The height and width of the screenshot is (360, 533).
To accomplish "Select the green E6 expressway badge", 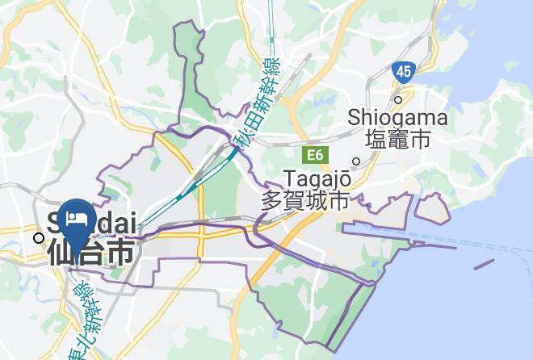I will [314, 153].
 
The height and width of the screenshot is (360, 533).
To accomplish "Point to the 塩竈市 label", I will [397, 140].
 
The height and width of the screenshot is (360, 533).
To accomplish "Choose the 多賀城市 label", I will [304, 200].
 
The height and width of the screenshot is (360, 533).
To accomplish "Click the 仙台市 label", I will [90, 252].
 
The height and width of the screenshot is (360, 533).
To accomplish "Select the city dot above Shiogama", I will [397, 100].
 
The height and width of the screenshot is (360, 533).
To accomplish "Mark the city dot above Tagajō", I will [355, 161].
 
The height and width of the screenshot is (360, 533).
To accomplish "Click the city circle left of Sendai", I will [39, 237].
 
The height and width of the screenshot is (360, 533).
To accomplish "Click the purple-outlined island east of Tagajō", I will [433, 209].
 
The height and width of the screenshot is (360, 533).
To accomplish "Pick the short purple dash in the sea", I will [484, 264].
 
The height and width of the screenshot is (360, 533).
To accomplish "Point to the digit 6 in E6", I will [318, 153].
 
